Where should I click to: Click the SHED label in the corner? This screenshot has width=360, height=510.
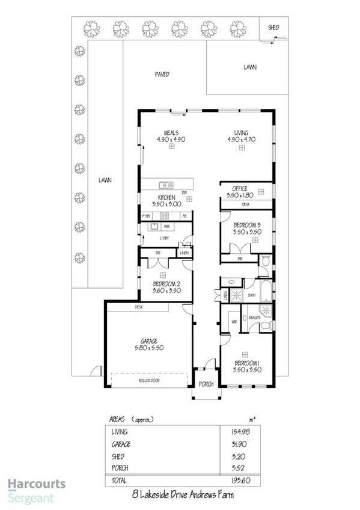pos(273,28)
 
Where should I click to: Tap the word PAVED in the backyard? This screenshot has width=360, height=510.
pos(162,75)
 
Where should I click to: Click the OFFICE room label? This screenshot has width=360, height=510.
pos(240,189)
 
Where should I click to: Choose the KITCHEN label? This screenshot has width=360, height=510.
pos(166,197)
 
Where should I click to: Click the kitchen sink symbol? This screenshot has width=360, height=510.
pos(166,185)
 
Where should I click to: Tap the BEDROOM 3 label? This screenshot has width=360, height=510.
pos(246,225)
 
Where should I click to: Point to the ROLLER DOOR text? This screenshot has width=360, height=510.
pos(148,381)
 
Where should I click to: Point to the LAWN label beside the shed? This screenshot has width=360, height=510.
pos(250,67)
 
